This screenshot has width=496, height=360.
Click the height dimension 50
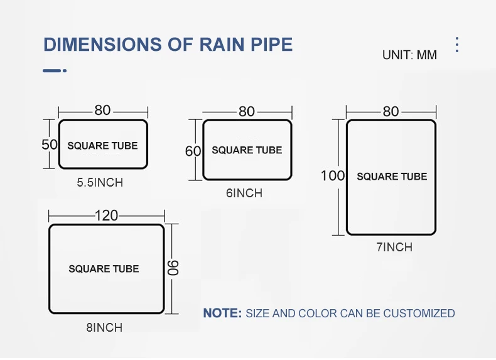tap(50, 145)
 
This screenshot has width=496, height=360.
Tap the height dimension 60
tap(193, 151)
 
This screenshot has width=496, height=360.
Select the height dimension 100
tap(333, 175)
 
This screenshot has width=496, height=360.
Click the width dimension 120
tap(106, 215)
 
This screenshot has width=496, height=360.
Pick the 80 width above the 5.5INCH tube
tap(102, 111)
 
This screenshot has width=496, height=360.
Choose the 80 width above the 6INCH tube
tap(247, 112)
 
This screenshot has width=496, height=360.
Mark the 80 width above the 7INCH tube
tap(391, 111)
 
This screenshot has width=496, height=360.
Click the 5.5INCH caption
tap(100, 183)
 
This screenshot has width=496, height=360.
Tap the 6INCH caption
tap(244, 194)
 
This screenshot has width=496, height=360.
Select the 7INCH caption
tap(394, 248)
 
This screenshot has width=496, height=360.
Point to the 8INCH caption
tap(104, 327)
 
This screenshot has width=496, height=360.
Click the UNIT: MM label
tap(409, 55)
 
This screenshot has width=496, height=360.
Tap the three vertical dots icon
tap(457, 45)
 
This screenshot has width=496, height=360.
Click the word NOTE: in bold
tap(222, 313)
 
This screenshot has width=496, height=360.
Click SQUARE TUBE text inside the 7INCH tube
tap(392, 177)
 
